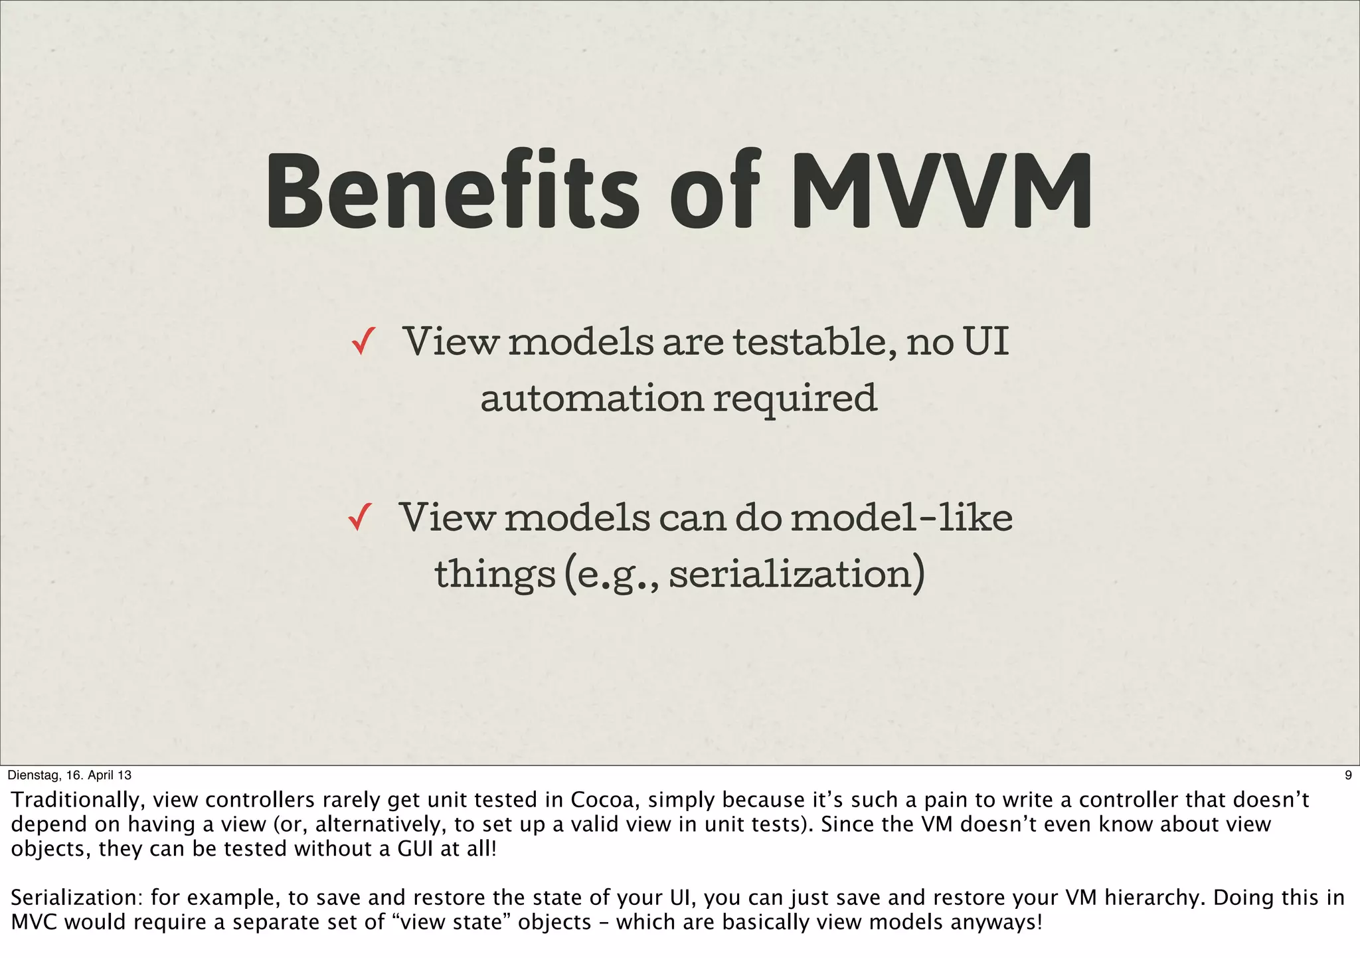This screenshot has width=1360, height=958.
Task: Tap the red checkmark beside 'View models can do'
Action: tap(359, 518)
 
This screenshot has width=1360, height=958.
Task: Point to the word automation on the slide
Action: tap(592, 399)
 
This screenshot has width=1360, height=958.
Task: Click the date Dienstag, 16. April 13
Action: tap(69, 775)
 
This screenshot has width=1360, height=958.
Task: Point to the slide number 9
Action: tap(1347, 775)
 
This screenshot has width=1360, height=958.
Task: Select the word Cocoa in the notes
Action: tap(604, 800)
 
